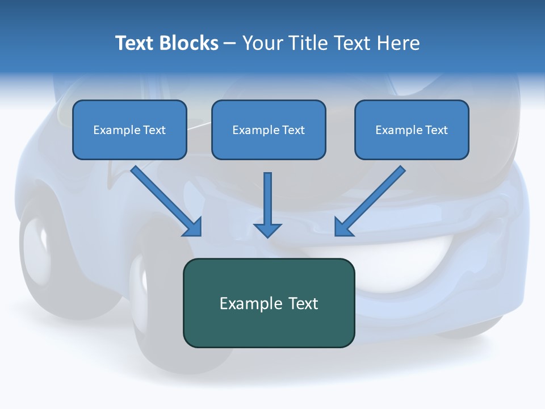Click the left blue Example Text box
pos(129,130)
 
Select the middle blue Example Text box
pos(269,130)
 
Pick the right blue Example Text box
pos(412,130)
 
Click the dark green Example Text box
pos(269,303)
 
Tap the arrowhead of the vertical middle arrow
pos(267,229)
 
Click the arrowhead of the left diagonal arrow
pos(193,227)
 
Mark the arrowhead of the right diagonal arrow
pos(343,227)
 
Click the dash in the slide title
pos(230,44)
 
